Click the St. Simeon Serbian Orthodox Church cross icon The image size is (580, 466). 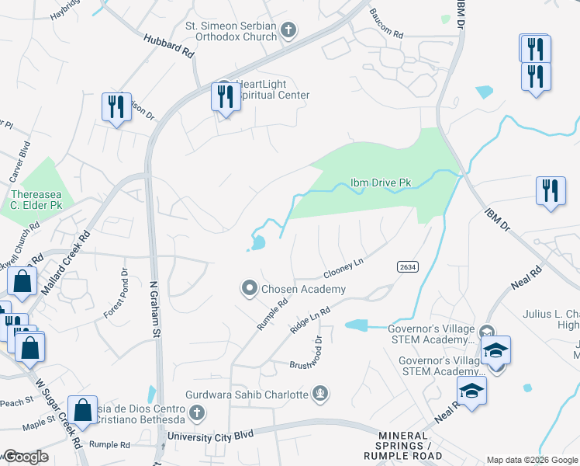click(288, 31)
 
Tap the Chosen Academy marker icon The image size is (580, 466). click(250, 289)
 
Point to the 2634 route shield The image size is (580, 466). click(408, 266)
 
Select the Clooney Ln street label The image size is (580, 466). click(344, 269)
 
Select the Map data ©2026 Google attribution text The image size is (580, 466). click(531, 460)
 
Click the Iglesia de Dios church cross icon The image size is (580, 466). click(197, 412)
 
